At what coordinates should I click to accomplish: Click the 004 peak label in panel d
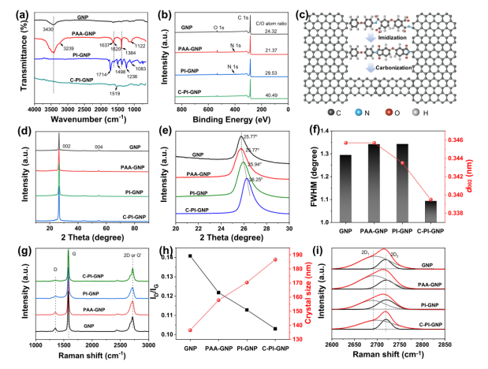98,147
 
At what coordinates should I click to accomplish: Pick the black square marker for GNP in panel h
190,256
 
